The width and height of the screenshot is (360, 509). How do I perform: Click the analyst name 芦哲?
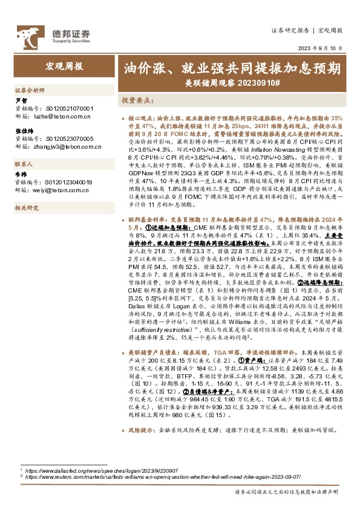click(21, 100)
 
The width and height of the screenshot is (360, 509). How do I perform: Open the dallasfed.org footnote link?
click(96, 470)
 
